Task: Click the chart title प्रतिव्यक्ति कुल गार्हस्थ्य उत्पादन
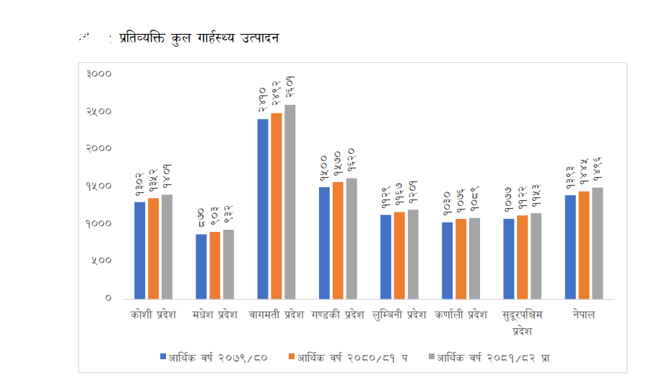(199, 37)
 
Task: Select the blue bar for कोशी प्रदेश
(140, 250)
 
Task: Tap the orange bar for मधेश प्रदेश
(214, 265)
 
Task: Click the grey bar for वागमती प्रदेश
(290, 202)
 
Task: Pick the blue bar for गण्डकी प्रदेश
(325, 243)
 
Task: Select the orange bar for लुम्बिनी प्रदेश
(400, 255)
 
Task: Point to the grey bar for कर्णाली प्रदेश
(474, 258)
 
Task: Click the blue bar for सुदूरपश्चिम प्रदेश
(508, 259)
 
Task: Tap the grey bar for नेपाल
(597, 243)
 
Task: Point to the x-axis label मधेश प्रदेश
(215, 315)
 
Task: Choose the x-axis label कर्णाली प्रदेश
(461, 315)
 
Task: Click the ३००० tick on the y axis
(98, 74)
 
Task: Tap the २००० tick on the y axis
(98, 149)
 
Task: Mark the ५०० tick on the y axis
(101, 261)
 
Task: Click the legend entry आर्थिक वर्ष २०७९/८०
(217, 357)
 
